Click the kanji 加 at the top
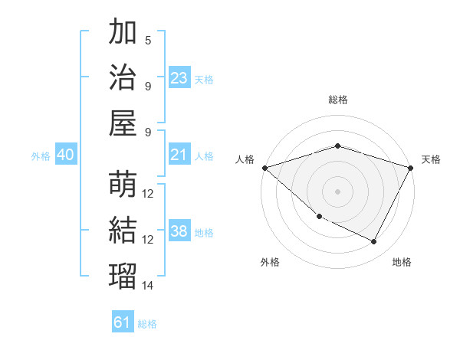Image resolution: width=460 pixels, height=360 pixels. click(x=123, y=33)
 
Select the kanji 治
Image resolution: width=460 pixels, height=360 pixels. click(x=123, y=77)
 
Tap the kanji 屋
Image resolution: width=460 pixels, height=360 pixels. click(x=123, y=123)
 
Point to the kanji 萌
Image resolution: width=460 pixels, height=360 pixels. click(x=123, y=185)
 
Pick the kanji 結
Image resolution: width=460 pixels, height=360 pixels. click(x=123, y=230)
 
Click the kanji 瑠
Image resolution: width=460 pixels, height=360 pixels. click(x=123, y=275)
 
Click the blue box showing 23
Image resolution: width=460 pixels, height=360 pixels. click(x=179, y=78)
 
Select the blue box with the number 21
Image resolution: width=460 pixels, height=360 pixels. click(x=179, y=155)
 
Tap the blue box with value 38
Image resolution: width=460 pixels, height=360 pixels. click(x=179, y=232)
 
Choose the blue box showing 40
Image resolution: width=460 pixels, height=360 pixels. click(x=65, y=155)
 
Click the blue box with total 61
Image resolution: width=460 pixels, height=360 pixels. click(x=122, y=322)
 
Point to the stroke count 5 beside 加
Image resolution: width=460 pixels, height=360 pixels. click(x=148, y=41)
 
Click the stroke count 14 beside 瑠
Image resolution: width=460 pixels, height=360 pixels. click(x=148, y=286)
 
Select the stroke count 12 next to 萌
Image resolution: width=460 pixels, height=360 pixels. click(x=148, y=194)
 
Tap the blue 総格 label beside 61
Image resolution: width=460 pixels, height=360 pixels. click(x=147, y=324)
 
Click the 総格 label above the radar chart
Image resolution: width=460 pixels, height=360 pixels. click(x=338, y=100)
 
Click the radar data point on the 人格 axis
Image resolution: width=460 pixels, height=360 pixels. click(x=264, y=168)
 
